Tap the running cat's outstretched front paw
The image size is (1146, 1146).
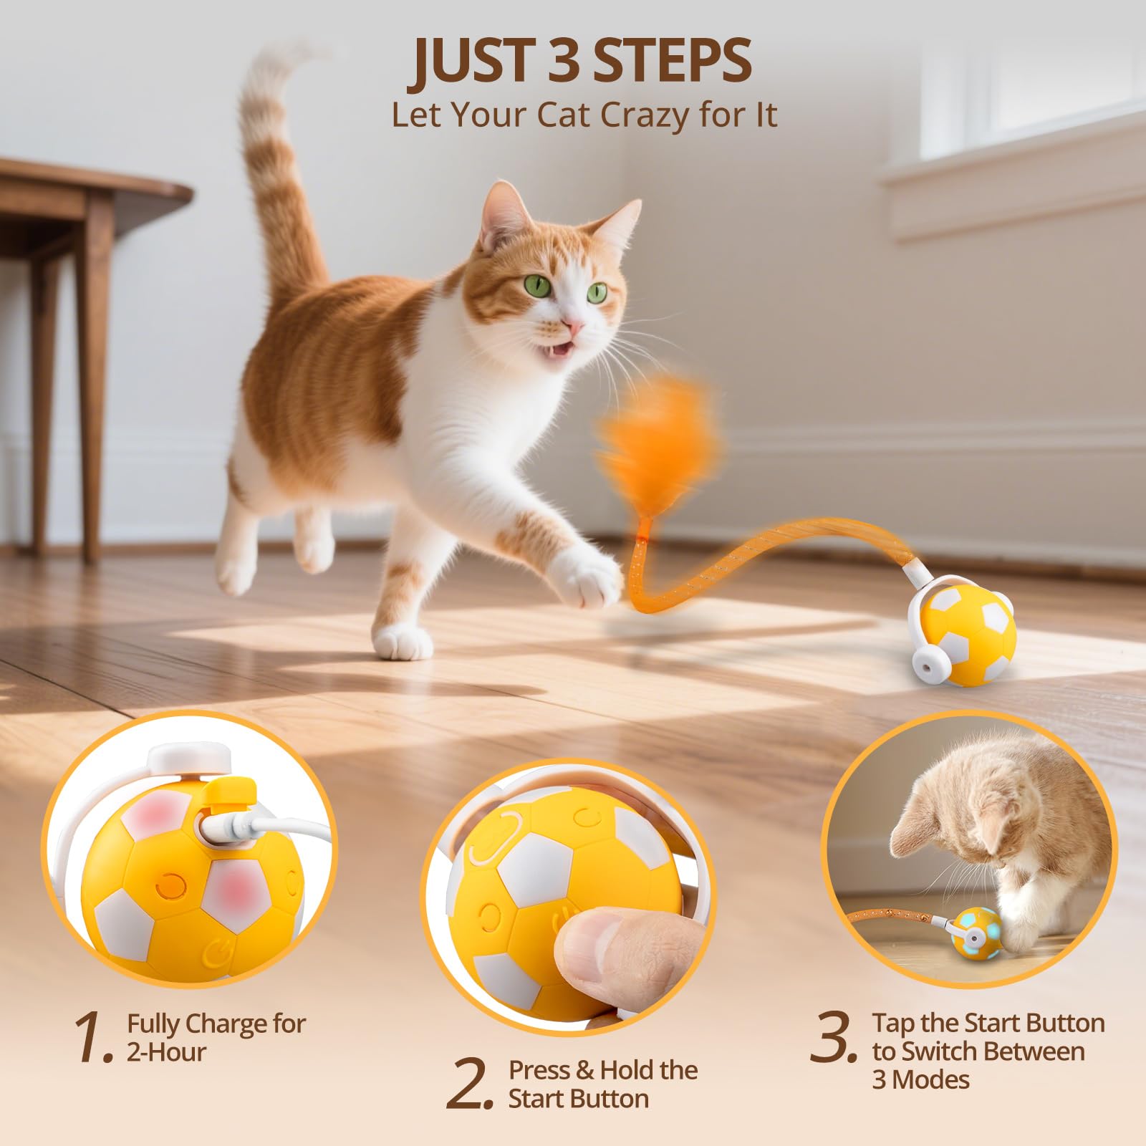(592, 580)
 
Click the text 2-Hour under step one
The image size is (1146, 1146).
(166, 1051)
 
